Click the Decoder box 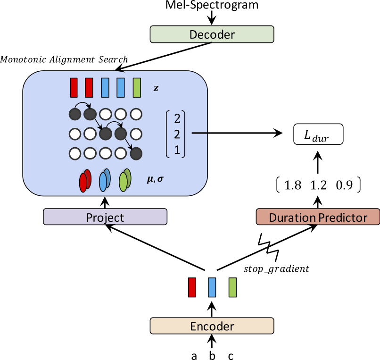[x=212, y=34]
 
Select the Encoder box [x=212, y=326]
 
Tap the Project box [x=105, y=217]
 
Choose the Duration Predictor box [x=318, y=217]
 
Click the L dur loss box [x=318, y=134]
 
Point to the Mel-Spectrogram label [x=212, y=5]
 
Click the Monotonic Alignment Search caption [x=64, y=59]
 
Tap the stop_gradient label [x=276, y=269]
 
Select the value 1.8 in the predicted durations [x=293, y=185]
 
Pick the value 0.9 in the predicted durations [x=344, y=185]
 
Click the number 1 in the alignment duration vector [x=177, y=150]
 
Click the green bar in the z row [x=137, y=88]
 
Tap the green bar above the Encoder [x=232, y=287]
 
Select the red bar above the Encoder [x=192, y=287]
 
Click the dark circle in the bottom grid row [x=136, y=153]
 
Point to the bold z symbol [x=156, y=88]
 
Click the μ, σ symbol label [x=155, y=179]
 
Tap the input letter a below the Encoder [x=194, y=356]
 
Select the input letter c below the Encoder [x=231, y=356]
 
